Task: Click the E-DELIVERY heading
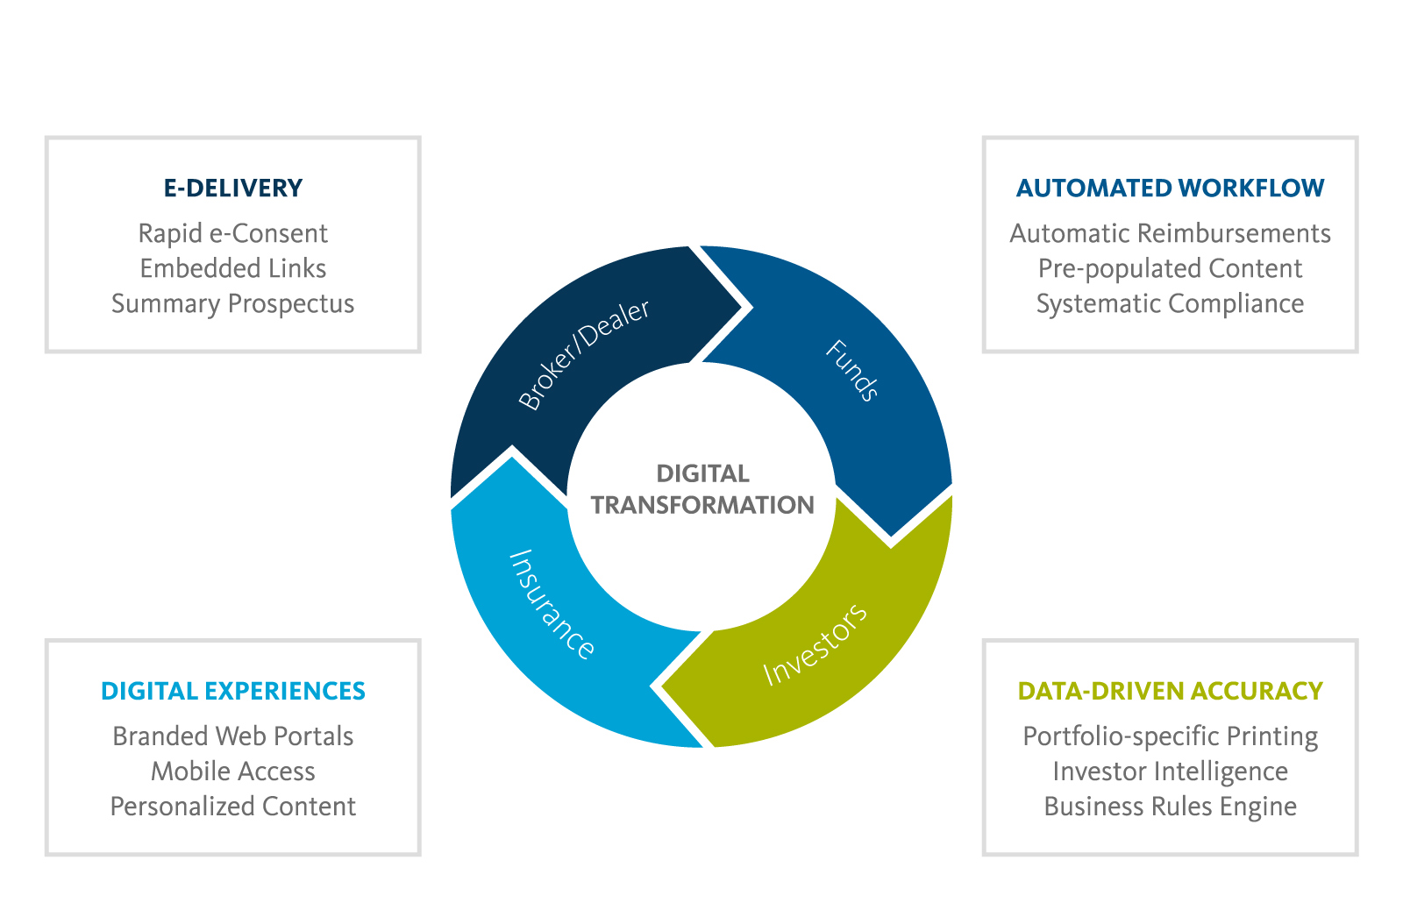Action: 233,188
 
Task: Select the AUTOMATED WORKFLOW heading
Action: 1170,188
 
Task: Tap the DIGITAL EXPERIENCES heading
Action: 233,692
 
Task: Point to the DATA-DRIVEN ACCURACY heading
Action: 1170,692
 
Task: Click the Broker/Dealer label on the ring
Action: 584,354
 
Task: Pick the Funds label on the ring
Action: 851,371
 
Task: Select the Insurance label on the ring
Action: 552,604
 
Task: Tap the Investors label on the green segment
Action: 815,644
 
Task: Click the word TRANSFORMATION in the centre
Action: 702,506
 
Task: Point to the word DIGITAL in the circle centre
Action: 702,474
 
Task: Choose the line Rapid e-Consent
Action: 233,234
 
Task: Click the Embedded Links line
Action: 233,269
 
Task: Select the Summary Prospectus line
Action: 233,304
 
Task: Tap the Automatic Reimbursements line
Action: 1170,234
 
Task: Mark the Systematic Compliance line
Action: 1170,304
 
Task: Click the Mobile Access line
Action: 233,772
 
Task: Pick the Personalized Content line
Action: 233,807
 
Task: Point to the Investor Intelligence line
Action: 1170,772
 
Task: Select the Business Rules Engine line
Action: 1170,807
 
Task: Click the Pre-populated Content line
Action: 1170,269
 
